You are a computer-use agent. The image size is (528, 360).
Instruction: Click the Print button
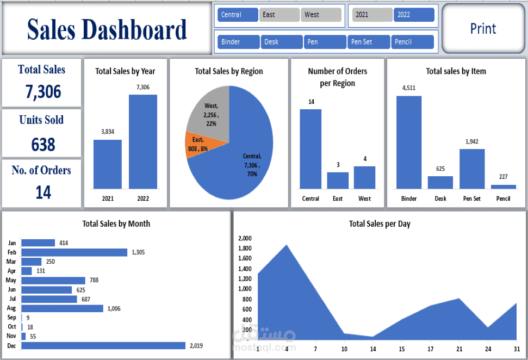click(x=483, y=29)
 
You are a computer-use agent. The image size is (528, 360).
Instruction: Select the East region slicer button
click(x=279, y=15)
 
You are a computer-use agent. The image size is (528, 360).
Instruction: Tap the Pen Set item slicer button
click(x=369, y=42)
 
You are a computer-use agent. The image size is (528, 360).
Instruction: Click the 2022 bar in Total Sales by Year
click(x=142, y=141)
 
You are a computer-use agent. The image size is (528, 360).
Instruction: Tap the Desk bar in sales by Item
click(x=440, y=182)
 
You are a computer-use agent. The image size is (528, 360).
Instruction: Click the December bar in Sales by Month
click(x=103, y=346)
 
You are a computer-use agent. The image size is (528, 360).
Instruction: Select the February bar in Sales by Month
click(x=74, y=252)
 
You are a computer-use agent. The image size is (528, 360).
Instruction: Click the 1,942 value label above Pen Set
click(x=471, y=142)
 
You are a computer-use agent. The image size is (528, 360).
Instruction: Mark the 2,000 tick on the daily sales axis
click(x=245, y=238)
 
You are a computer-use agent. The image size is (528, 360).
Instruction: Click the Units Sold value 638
click(x=43, y=145)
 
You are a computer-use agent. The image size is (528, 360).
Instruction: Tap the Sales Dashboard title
click(x=107, y=29)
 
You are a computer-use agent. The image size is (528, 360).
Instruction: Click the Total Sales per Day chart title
click(x=380, y=224)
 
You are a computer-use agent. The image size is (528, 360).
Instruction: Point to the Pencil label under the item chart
click(x=503, y=198)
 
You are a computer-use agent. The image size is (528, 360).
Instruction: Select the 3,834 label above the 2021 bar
click(x=108, y=131)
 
